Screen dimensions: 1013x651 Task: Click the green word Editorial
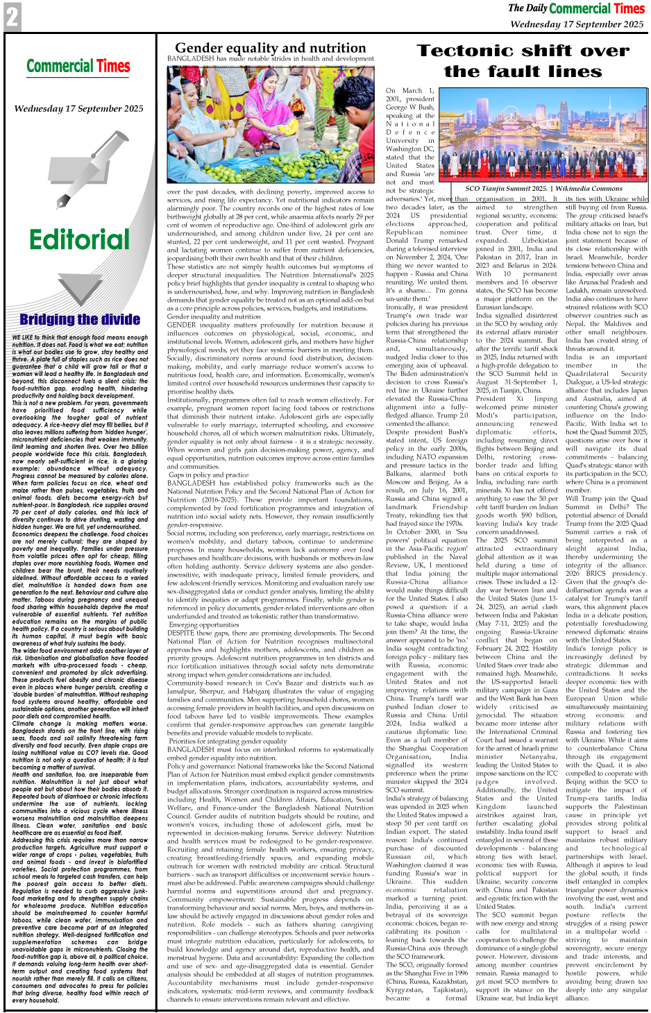click(79, 239)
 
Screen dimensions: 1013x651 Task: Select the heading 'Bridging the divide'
click(80, 319)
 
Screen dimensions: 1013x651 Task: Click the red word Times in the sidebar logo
click(113, 67)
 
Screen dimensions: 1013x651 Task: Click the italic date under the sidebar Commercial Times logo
click(78, 109)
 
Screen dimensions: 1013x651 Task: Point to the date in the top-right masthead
click(577, 24)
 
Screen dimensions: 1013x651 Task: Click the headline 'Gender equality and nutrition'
click(270, 48)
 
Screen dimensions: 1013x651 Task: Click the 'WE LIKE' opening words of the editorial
click(24, 338)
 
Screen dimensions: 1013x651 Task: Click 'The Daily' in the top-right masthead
click(527, 8)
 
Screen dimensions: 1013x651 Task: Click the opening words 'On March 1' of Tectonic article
click(409, 91)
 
